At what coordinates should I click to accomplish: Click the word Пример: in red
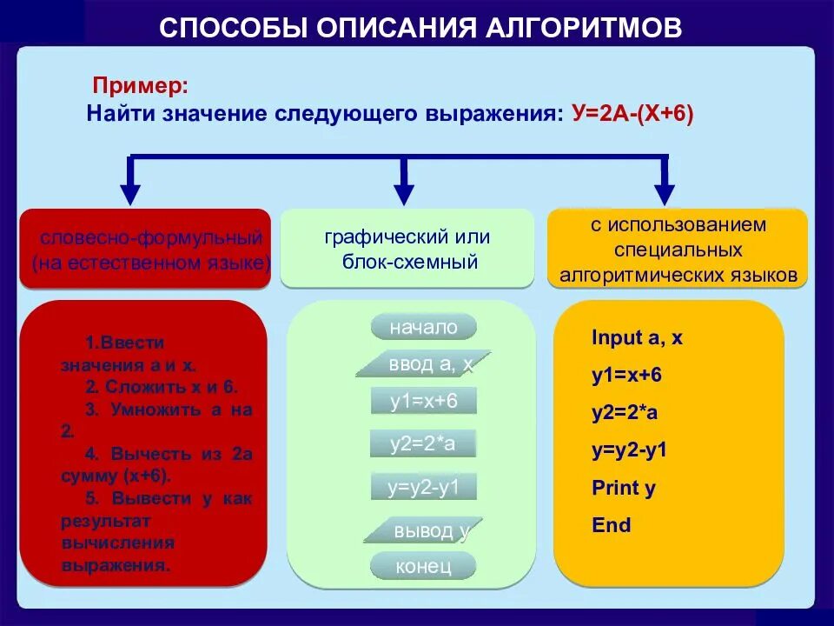click(x=139, y=86)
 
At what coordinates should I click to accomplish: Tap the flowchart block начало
click(x=423, y=327)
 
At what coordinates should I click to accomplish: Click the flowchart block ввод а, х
click(x=424, y=364)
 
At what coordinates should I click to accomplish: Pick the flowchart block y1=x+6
click(x=423, y=401)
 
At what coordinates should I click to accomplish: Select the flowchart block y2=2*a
click(x=423, y=444)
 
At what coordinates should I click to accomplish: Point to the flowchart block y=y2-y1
click(x=423, y=486)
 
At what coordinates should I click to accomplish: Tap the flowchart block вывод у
click(x=423, y=530)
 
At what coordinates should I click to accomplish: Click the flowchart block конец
click(x=423, y=566)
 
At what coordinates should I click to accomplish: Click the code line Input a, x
click(x=637, y=338)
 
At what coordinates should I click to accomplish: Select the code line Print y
click(x=623, y=488)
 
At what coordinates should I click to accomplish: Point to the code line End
click(x=611, y=525)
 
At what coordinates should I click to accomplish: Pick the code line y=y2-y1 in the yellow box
click(x=629, y=450)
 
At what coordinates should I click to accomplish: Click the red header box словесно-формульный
click(x=144, y=249)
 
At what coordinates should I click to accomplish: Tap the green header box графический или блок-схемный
click(x=407, y=249)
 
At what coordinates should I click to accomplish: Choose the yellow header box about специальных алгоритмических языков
click(x=678, y=250)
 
